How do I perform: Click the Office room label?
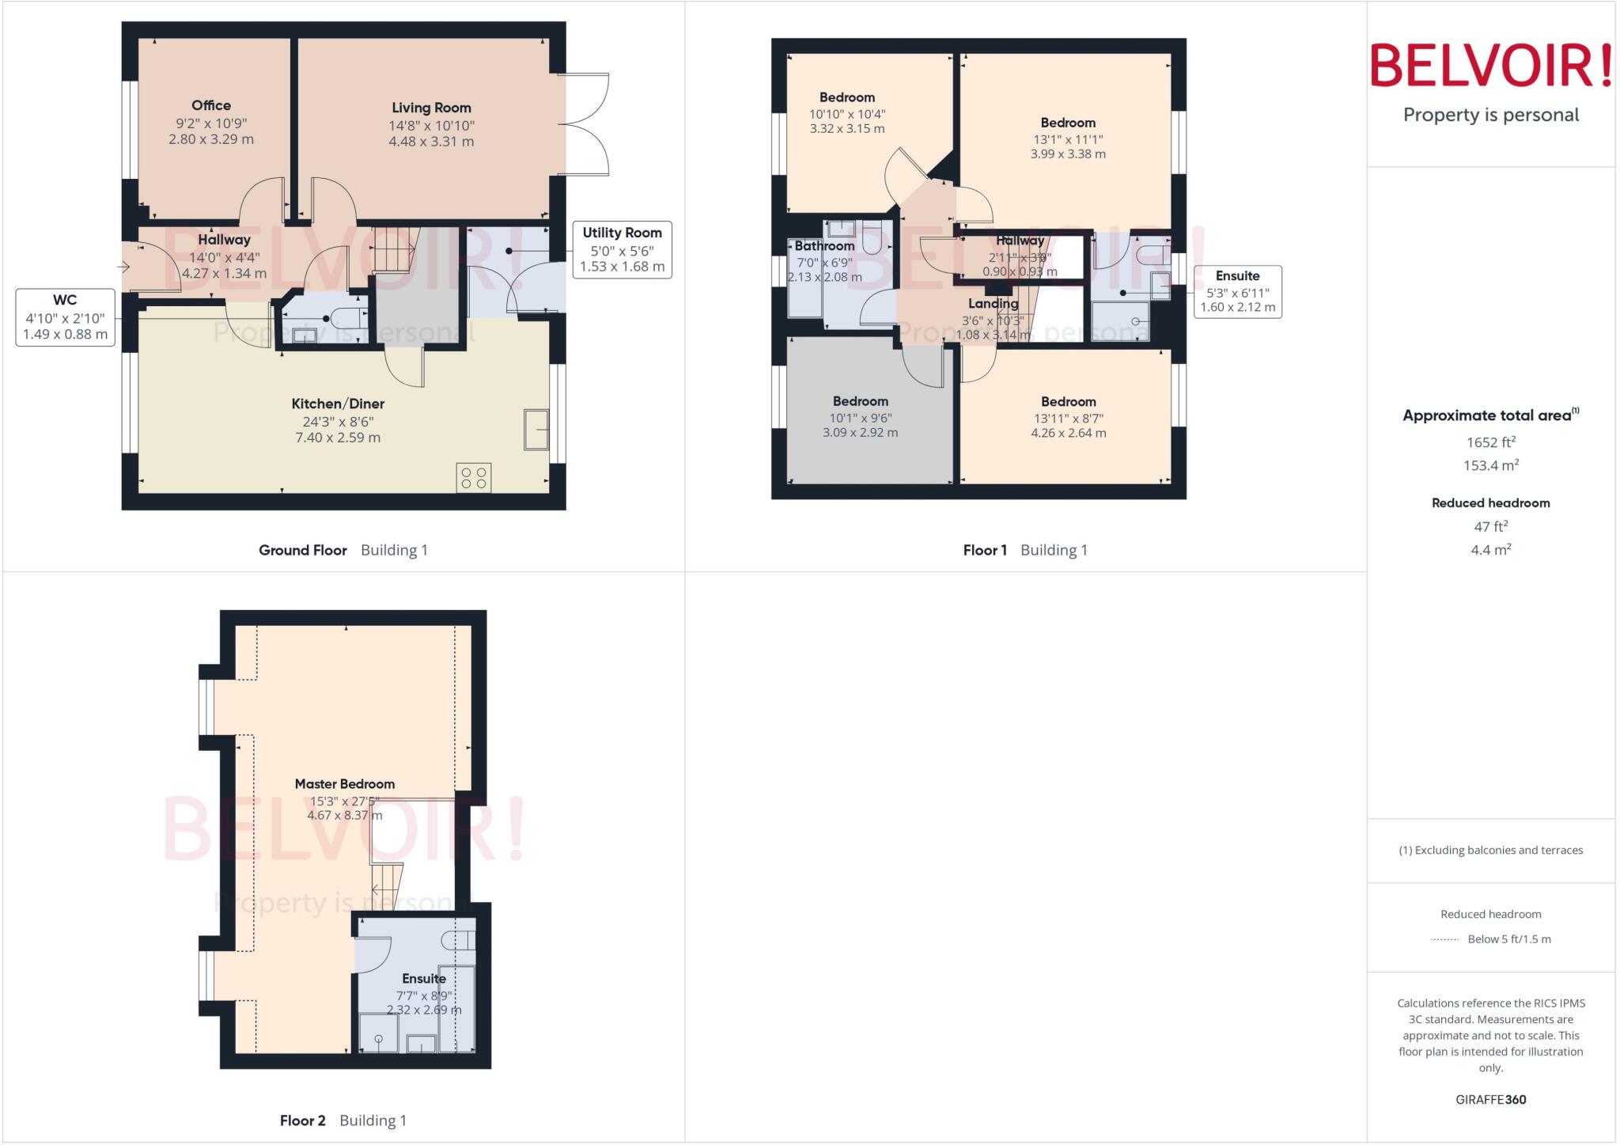click(211, 106)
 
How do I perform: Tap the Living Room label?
click(431, 108)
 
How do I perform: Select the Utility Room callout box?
click(622, 249)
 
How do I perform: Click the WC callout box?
click(65, 317)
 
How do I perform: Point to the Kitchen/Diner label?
click(338, 404)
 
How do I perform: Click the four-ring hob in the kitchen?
click(473, 478)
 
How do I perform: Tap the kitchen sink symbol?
click(537, 430)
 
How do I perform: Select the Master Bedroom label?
click(344, 784)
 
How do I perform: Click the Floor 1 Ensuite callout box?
click(1237, 291)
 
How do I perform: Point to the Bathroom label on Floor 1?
click(824, 246)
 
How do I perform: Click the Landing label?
click(993, 304)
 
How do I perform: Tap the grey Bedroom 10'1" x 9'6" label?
click(860, 402)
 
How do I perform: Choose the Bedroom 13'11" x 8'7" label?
click(1068, 402)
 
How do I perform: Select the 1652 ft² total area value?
click(1490, 443)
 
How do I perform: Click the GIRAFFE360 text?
click(1490, 1099)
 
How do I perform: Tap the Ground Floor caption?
click(303, 550)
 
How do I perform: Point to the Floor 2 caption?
click(303, 1120)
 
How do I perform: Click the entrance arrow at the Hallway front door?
click(123, 267)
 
